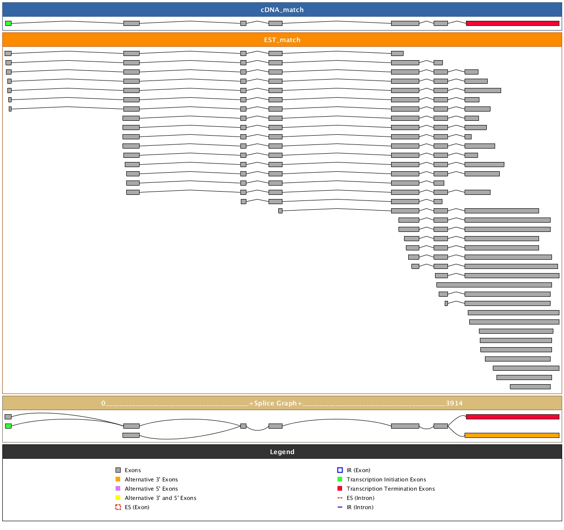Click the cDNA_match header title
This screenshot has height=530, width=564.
click(282, 10)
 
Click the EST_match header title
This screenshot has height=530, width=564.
click(282, 40)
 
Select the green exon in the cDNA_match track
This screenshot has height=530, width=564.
click(8, 23)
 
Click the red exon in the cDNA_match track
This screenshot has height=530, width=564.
click(512, 23)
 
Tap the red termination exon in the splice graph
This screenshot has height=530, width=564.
click(512, 417)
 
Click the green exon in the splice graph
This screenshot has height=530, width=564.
click(8, 426)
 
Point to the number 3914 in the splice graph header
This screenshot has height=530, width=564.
click(454, 403)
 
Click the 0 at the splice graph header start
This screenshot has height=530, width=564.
click(104, 403)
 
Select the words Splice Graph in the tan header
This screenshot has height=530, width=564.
click(276, 403)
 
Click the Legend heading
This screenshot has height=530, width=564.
click(282, 452)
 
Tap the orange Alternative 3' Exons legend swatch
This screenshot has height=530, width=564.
click(118, 480)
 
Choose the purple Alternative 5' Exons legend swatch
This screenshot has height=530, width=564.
click(118, 489)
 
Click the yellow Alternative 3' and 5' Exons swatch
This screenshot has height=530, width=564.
click(118, 498)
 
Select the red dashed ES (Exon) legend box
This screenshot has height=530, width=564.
click(118, 507)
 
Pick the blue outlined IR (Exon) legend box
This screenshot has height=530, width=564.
click(340, 470)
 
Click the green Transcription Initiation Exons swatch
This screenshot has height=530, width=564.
click(340, 480)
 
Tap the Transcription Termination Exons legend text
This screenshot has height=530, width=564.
click(391, 489)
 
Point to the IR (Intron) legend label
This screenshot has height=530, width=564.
click(360, 507)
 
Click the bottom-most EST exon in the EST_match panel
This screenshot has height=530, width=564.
click(530, 387)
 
